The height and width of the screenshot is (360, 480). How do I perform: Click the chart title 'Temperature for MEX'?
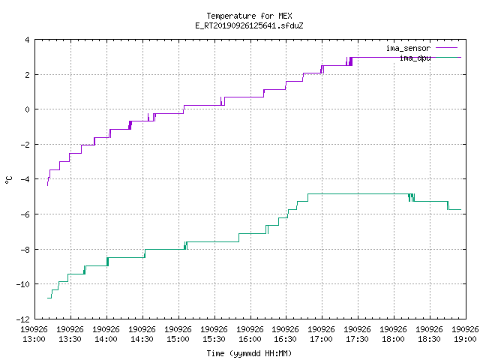249,16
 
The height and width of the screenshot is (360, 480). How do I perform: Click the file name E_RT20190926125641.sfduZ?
249,25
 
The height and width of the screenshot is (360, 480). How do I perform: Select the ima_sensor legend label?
408,48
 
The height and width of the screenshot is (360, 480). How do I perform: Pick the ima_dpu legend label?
415,58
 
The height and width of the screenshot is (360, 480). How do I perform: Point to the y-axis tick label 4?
28,40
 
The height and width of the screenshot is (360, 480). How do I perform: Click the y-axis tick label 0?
28,109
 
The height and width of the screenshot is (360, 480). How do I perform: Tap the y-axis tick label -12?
23,319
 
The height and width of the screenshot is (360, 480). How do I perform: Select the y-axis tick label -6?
25,214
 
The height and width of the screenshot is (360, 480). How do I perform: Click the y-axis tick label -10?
23,284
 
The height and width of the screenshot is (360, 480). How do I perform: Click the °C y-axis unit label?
8,180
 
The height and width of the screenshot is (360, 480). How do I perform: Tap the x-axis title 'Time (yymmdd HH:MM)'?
249,353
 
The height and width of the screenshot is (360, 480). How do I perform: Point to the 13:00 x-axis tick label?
34,340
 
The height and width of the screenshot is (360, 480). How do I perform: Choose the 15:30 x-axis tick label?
214,340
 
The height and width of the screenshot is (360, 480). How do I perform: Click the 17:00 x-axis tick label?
322,340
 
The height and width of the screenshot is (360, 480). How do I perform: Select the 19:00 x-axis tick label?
465,340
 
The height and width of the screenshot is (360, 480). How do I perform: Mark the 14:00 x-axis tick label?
106,340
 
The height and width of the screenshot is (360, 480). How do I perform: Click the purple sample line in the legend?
446,48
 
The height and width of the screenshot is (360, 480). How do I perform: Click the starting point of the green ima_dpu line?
47,298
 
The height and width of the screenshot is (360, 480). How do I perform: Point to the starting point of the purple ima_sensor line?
47,185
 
